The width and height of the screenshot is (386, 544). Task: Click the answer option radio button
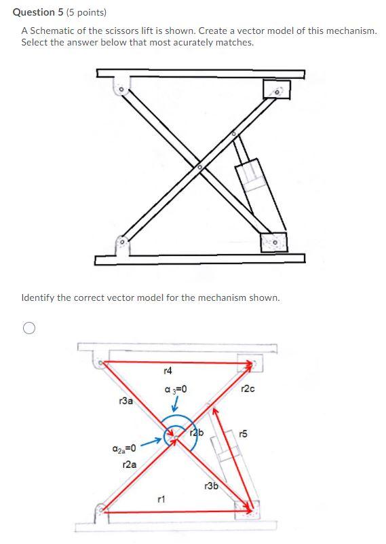click(28, 329)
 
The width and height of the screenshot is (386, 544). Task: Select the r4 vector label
click(168, 371)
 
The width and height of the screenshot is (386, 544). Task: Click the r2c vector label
click(248, 388)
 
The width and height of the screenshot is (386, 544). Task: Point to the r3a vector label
click(127, 402)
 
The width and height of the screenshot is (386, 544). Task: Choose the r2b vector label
click(197, 433)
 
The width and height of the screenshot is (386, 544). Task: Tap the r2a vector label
click(130, 465)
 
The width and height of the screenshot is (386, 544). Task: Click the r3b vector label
click(211, 486)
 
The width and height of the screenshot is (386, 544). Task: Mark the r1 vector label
click(161, 499)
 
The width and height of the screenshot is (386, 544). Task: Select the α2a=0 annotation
click(123, 449)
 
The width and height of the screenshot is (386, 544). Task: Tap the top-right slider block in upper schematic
click(276, 88)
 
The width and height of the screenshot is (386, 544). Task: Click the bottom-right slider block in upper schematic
click(273, 241)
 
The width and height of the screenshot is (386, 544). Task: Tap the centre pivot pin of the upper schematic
click(199, 166)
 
